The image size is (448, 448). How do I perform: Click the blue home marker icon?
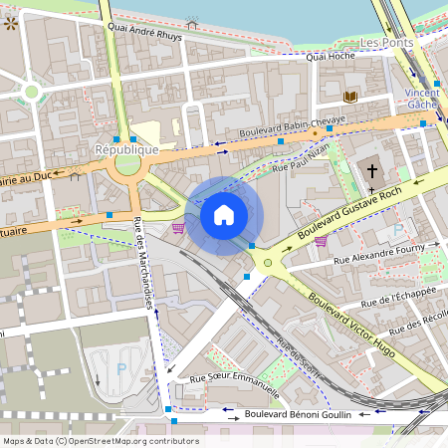point(224,215)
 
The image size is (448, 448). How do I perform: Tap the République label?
point(126,149)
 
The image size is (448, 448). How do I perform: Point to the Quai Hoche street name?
point(331,57)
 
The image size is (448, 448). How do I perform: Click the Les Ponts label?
point(386,44)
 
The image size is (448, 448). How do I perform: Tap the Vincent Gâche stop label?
point(422,99)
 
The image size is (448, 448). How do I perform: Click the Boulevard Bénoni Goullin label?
point(298,412)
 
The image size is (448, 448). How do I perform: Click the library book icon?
point(350,97)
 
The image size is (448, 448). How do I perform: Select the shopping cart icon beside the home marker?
point(178,228)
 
